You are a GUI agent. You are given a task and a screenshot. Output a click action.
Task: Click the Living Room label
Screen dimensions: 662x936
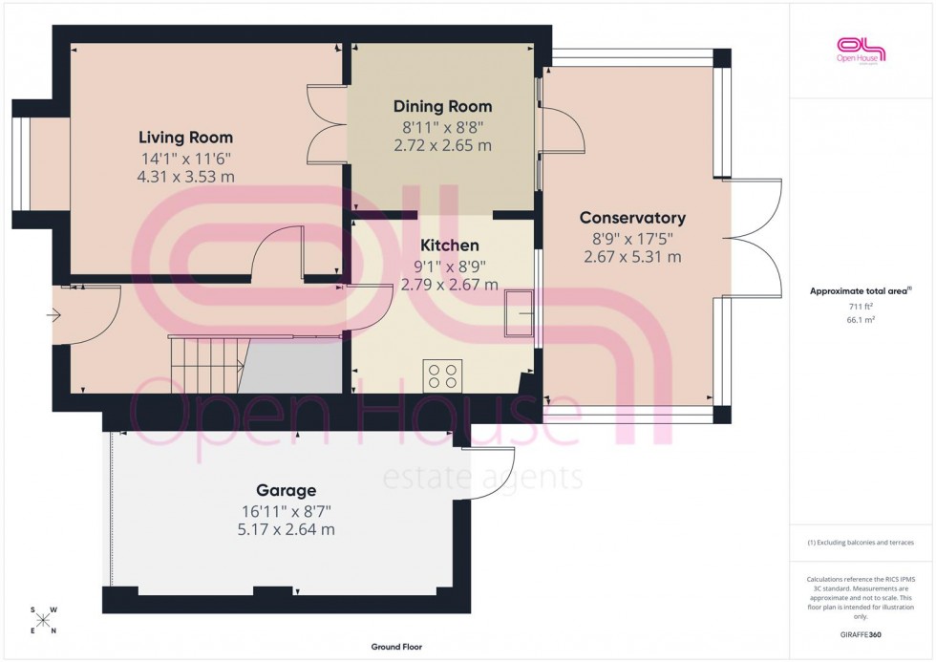pyautogui.click(x=185, y=138)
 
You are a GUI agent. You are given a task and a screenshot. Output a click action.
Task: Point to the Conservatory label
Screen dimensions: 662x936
pyautogui.click(x=632, y=218)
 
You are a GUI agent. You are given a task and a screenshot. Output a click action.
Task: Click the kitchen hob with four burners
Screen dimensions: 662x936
pyautogui.click(x=443, y=374)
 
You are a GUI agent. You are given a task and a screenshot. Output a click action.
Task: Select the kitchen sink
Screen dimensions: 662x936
pyautogui.click(x=521, y=312)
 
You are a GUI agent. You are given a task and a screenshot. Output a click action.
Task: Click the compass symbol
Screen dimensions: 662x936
pyautogui.click(x=43, y=621)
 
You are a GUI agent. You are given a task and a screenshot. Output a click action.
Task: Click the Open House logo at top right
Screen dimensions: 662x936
pyautogui.click(x=861, y=50)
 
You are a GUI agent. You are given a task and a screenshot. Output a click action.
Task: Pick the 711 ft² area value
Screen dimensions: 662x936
pyautogui.click(x=861, y=306)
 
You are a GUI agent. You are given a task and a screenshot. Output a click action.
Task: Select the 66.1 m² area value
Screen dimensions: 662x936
pyautogui.click(x=861, y=322)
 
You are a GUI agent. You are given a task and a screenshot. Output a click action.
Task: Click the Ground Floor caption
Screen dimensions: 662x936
pyautogui.click(x=396, y=647)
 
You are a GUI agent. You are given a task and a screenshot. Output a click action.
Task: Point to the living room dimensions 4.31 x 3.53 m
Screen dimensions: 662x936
pyautogui.click(x=186, y=177)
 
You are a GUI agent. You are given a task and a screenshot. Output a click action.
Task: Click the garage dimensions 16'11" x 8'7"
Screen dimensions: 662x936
pyautogui.click(x=285, y=511)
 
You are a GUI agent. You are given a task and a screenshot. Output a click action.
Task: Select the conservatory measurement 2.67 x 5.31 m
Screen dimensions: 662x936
pyautogui.click(x=632, y=257)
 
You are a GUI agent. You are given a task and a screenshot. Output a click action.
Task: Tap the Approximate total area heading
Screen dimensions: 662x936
pyautogui.click(x=861, y=290)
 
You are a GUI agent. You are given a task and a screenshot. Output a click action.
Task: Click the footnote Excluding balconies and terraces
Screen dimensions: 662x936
pyautogui.click(x=861, y=543)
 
